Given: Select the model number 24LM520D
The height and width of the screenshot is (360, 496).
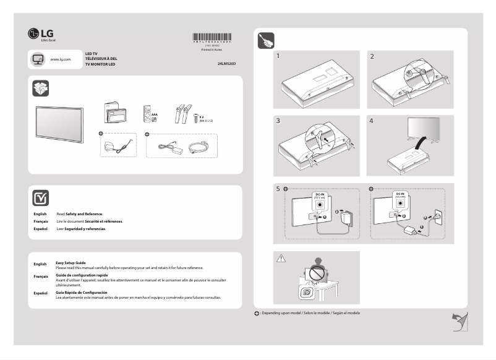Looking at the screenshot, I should tap(227, 64).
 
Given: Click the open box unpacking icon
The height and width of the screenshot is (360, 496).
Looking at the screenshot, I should tap(40, 88).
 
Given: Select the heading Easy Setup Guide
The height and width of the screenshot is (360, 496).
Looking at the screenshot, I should tap(71, 263).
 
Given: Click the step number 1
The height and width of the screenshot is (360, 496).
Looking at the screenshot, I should tap(279, 56).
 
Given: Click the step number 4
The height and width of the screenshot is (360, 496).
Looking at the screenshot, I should tap(371, 121).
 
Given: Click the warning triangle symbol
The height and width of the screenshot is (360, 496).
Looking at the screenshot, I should tap(281, 257).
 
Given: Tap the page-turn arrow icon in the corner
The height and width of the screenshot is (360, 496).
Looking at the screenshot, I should tap(458, 321).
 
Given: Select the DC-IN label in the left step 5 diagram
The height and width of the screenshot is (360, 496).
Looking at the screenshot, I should tap(319, 194).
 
